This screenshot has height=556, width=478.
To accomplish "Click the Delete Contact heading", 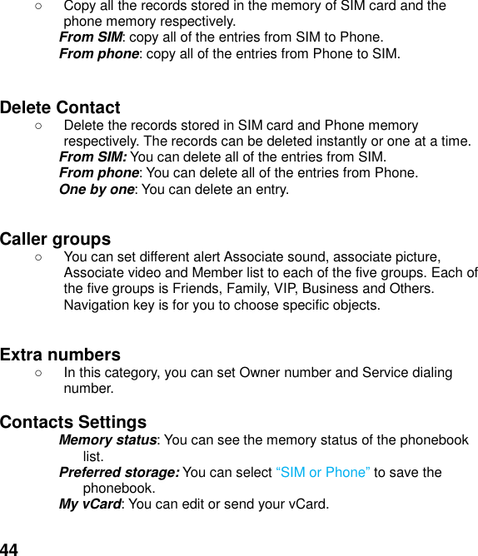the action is [x=60, y=107].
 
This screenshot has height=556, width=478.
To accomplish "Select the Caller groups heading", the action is [x=55, y=240].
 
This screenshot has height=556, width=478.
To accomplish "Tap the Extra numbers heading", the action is [x=60, y=355].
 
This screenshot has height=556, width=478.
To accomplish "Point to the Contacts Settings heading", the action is [x=73, y=422].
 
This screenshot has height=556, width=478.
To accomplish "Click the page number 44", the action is [x=9, y=549].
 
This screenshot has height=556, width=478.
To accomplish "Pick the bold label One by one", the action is [x=97, y=189].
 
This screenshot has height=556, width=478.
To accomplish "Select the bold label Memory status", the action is [x=108, y=439].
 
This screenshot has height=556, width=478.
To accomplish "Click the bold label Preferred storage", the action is [x=119, y=472].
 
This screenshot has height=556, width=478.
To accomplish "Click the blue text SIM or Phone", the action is [x=322, y=472].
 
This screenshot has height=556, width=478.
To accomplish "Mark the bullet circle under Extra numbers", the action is [x=39, y=373].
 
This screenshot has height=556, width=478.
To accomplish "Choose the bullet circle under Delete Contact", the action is [x=39, y=126].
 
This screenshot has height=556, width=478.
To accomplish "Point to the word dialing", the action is [x=430, y=372].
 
